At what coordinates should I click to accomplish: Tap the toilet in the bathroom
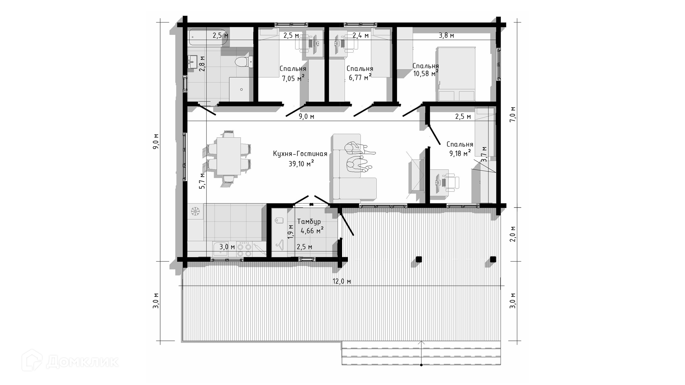(x=244, y=62)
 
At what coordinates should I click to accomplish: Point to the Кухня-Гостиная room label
(x=300, y=154)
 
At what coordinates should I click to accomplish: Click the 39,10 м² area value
(x=301, y=164)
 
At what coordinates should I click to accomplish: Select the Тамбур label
(x=309, y=222)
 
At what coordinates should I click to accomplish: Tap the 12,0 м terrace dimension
(x=342, y=281)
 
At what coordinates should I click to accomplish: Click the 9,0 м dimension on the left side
(x=156, y=142)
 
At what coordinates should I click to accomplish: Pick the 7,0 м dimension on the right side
(x=513, y=114)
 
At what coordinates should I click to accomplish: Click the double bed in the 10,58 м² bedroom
(x=456, y=74)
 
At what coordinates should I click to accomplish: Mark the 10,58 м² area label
(x=426, y=74)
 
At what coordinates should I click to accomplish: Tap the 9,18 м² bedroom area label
(x=460, y=153)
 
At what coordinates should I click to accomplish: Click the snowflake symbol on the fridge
(x=195, y=211)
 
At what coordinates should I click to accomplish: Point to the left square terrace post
(x=419, y=259)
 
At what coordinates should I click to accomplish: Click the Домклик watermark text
(x=82, y=362)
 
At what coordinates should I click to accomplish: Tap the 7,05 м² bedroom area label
(x=293, y=78)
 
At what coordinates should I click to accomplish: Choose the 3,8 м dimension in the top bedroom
(x=446, y=35)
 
